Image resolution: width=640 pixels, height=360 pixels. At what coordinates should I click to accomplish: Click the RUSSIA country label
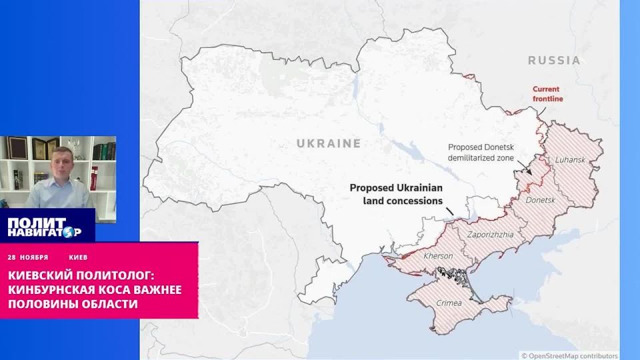553,60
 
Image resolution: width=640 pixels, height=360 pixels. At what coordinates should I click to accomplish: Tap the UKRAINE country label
329,143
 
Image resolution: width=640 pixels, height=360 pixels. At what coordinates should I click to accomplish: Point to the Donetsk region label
540,200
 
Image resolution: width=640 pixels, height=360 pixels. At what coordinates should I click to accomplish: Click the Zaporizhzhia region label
490,235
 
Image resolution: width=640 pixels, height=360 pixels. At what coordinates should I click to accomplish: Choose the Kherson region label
439,256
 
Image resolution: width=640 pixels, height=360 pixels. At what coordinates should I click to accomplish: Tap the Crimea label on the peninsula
449,303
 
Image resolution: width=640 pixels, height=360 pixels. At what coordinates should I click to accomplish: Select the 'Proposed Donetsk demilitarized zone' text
491,153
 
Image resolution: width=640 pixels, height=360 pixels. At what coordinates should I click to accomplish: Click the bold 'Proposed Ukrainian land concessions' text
396,194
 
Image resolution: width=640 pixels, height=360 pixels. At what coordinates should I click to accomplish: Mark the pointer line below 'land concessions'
448,211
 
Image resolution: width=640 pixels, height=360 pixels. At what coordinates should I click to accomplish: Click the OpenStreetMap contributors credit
569,355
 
